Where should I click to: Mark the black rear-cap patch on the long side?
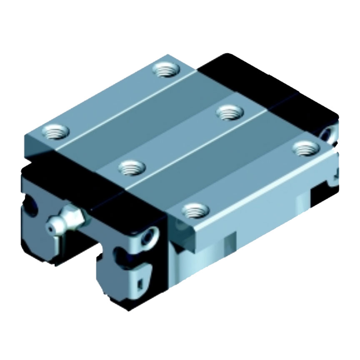[x=321, y=192]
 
